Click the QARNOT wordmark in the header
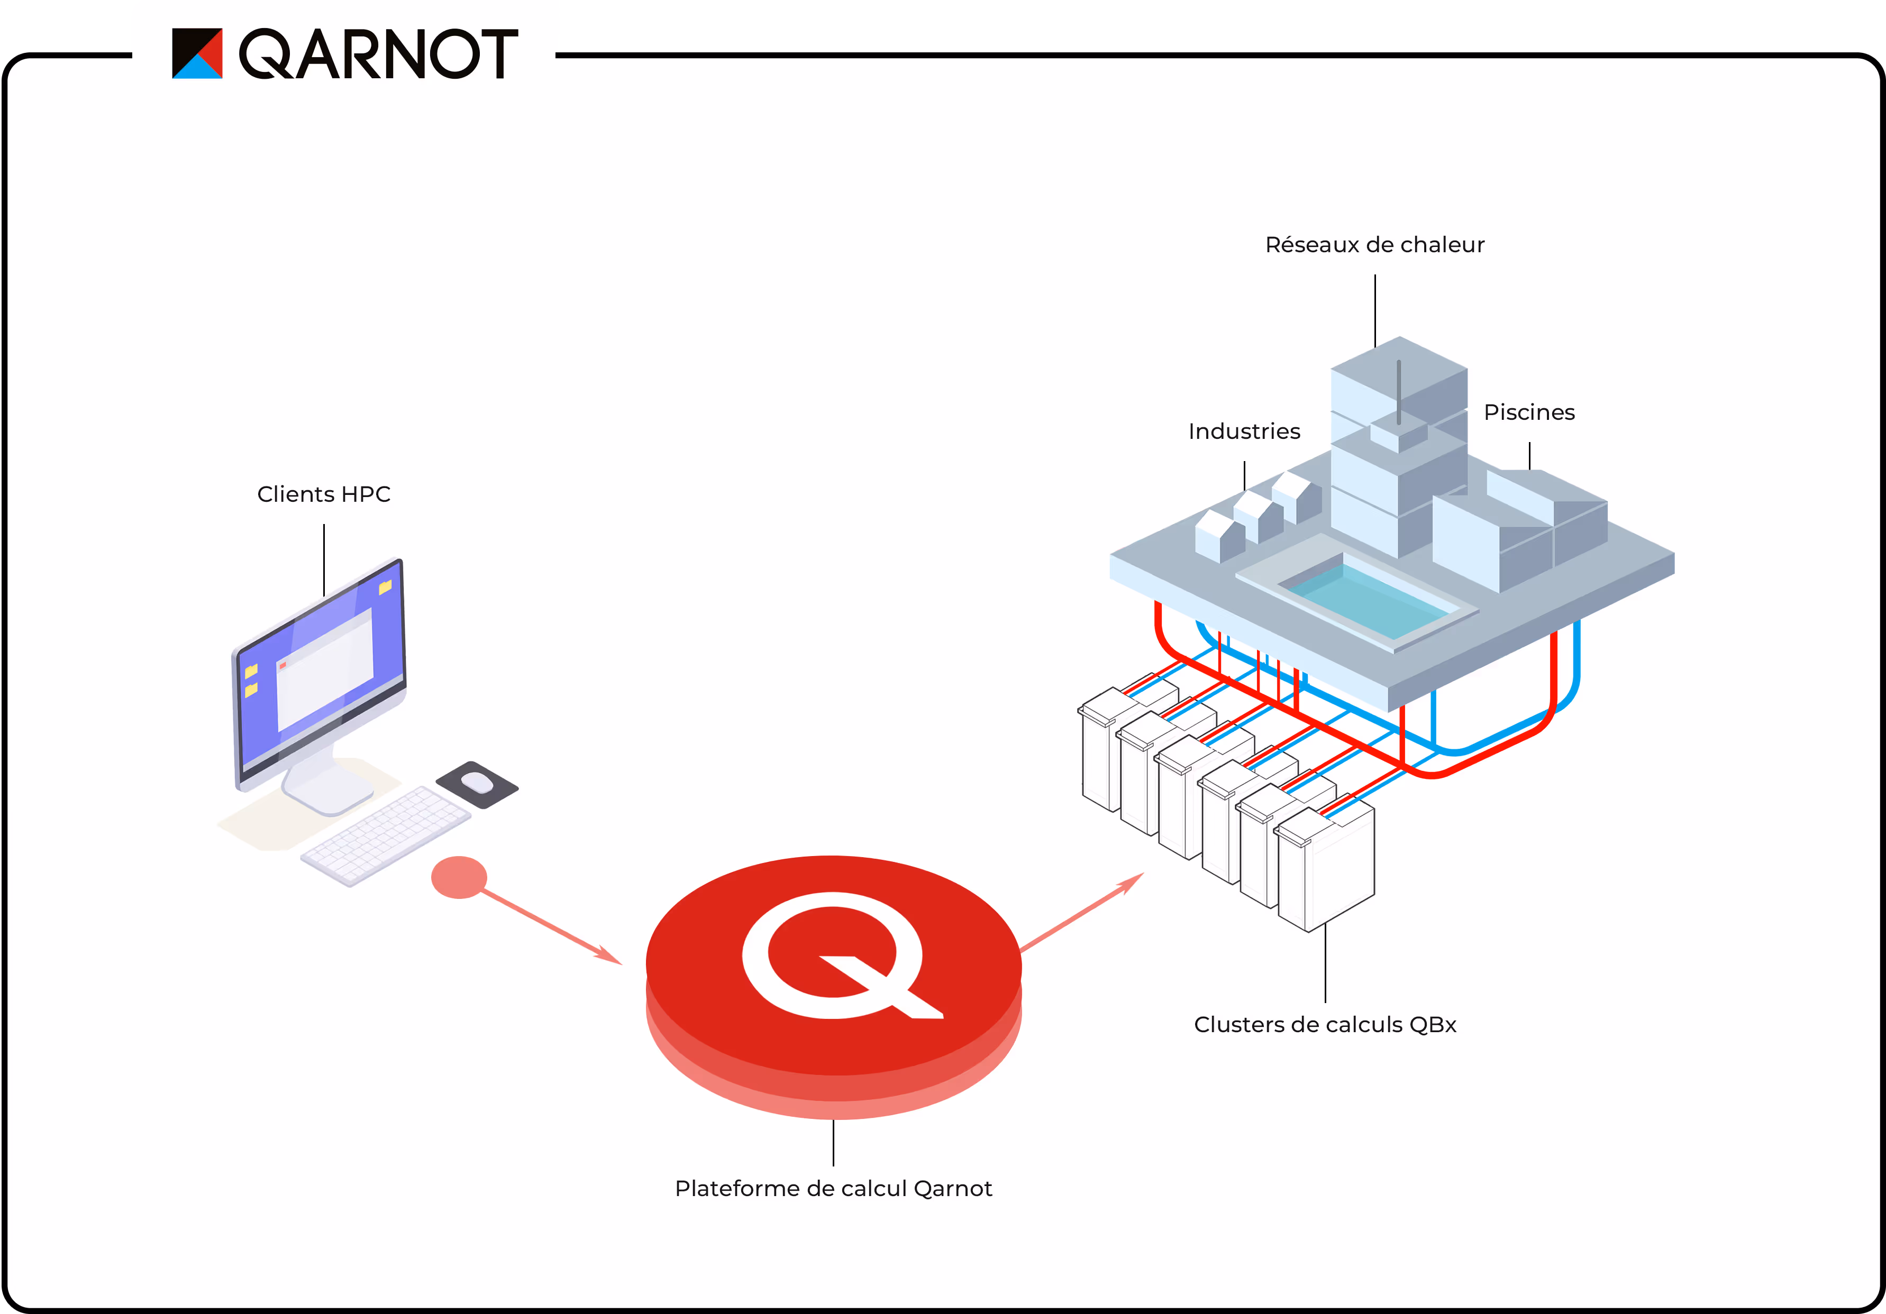[378, 54]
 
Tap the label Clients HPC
[324, 494]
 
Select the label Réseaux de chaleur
[1374, 245]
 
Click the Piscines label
[1529, 412]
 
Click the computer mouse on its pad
[477, 783]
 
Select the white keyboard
[386, 835]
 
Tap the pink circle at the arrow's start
[458, 877]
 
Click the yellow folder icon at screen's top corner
[385, 586]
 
